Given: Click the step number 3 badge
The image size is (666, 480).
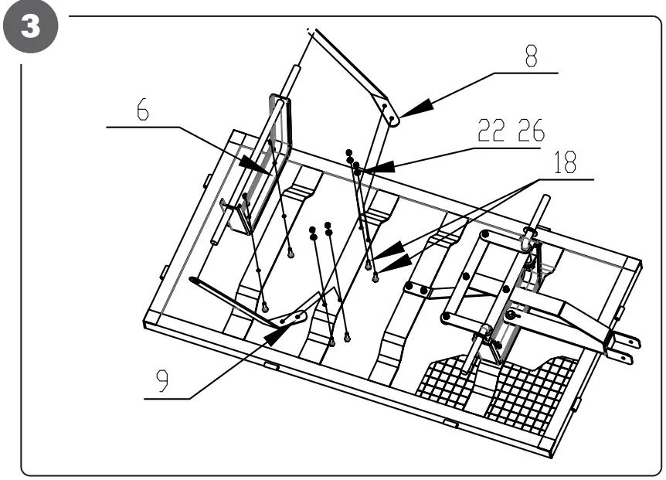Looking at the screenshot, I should pos(30,29).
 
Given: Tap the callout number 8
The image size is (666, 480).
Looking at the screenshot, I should pos(529,59).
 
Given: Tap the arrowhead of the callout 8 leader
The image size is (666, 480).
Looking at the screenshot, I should pos(409,111).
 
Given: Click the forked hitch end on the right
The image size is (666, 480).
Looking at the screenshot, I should pos(622,348).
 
